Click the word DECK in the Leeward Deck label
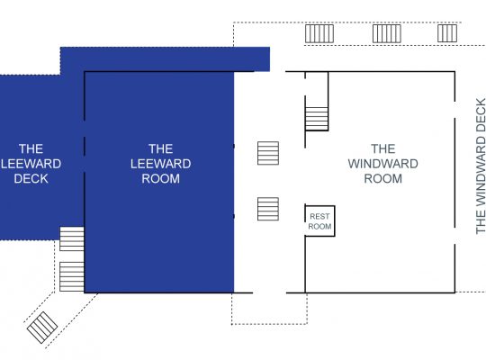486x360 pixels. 31,178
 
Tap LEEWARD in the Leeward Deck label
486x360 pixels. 31,164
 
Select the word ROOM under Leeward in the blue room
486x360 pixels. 160,178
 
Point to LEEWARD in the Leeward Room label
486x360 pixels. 160,164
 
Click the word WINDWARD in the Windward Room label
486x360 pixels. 383,164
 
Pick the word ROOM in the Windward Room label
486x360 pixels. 383,178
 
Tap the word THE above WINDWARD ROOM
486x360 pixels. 383,148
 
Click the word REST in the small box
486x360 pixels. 319,216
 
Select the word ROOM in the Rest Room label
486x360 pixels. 319,227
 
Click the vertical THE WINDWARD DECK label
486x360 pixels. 481,166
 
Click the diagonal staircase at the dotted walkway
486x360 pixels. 42,328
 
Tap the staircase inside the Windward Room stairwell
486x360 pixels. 317,119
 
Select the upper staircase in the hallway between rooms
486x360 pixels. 268,153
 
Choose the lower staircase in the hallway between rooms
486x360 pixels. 268,209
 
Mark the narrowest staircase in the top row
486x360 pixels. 447,33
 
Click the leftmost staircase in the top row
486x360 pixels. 319,33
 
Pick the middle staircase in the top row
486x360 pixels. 387,33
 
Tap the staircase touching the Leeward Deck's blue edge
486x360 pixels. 72,238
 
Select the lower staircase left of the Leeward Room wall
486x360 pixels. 72,276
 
